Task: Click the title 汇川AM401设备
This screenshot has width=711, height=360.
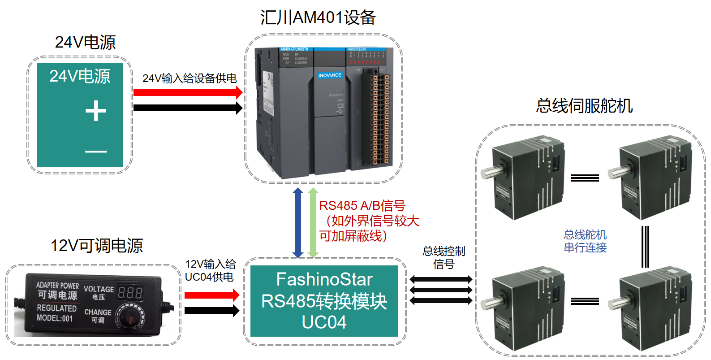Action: [318, 17]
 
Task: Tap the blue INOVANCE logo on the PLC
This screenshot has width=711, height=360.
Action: [330, 75]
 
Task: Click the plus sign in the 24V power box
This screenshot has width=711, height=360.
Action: [96, 111]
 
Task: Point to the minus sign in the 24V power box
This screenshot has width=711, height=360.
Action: [96, 152]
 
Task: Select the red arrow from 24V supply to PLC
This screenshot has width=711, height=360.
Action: [188, 93]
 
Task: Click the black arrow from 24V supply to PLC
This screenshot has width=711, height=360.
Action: [188, 108]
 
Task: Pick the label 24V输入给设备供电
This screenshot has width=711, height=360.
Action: [189, 78]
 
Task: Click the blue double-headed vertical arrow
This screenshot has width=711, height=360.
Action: [298, 223]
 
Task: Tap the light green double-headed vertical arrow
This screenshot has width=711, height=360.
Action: [313, 223]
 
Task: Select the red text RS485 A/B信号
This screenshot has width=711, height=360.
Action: [362, 206]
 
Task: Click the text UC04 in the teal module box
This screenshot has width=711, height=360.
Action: [324, 322]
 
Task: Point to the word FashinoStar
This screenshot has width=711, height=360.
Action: [324, 279]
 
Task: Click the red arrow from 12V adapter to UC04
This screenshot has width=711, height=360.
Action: [211, 295]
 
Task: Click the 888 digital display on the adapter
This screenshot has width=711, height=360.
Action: [130, 293]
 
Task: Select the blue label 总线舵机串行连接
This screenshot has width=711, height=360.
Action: [585, 241]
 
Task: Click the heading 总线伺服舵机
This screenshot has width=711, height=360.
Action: [584, 106]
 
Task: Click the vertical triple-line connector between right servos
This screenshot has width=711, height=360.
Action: [645, 247]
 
